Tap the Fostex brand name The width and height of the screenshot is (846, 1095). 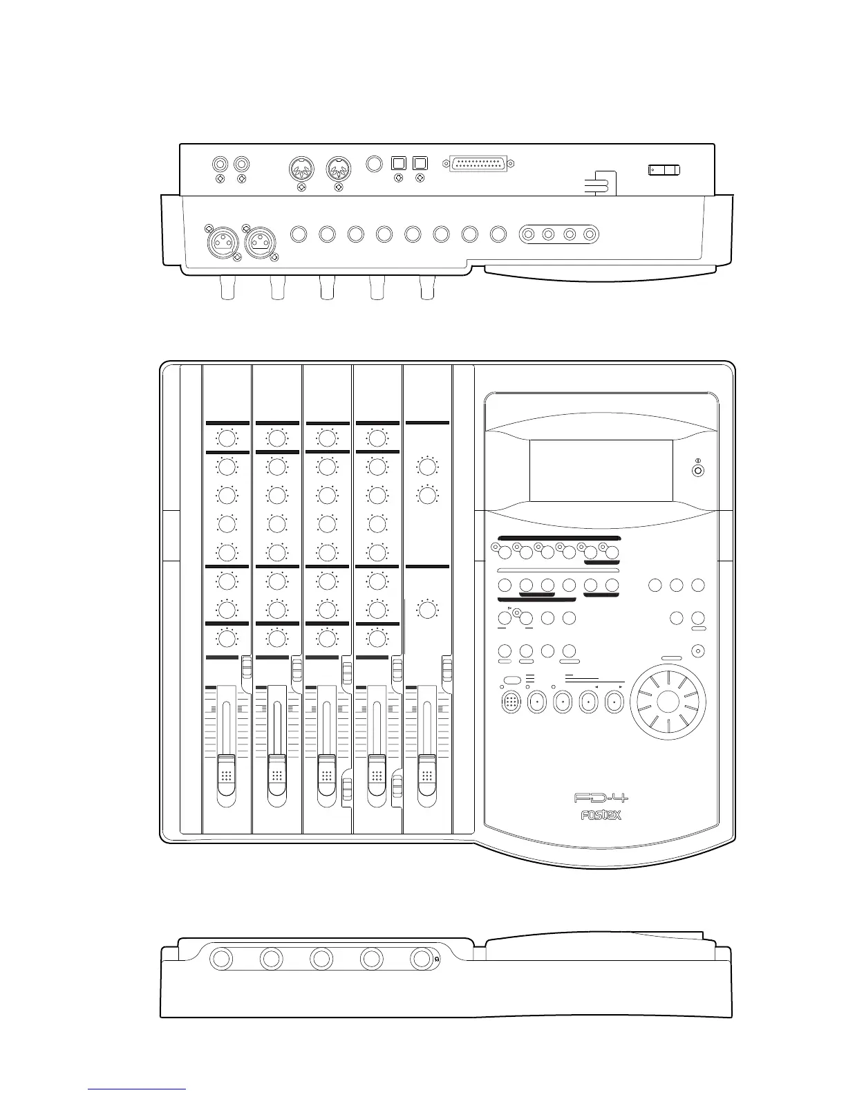pyautogui.click(x=600, y=815)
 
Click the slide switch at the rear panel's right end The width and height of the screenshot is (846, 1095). pyautogui.click(x=664, y=170)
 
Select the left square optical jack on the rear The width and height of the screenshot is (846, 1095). pyautogui.click(x=398, y=164)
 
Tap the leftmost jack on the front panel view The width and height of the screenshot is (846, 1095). pyautogui.click(x=221, y=959)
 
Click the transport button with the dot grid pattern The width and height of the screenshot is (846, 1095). pyautogui.click(x=511, y=702)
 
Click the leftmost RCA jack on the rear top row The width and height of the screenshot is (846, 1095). pyautogui.click(x=220, y=165)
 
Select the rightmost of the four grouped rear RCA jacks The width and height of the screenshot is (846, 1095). pyautogui.click(x=590, y=234)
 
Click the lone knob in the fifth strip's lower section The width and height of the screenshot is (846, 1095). pyautogui.click(x=427, y=610)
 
